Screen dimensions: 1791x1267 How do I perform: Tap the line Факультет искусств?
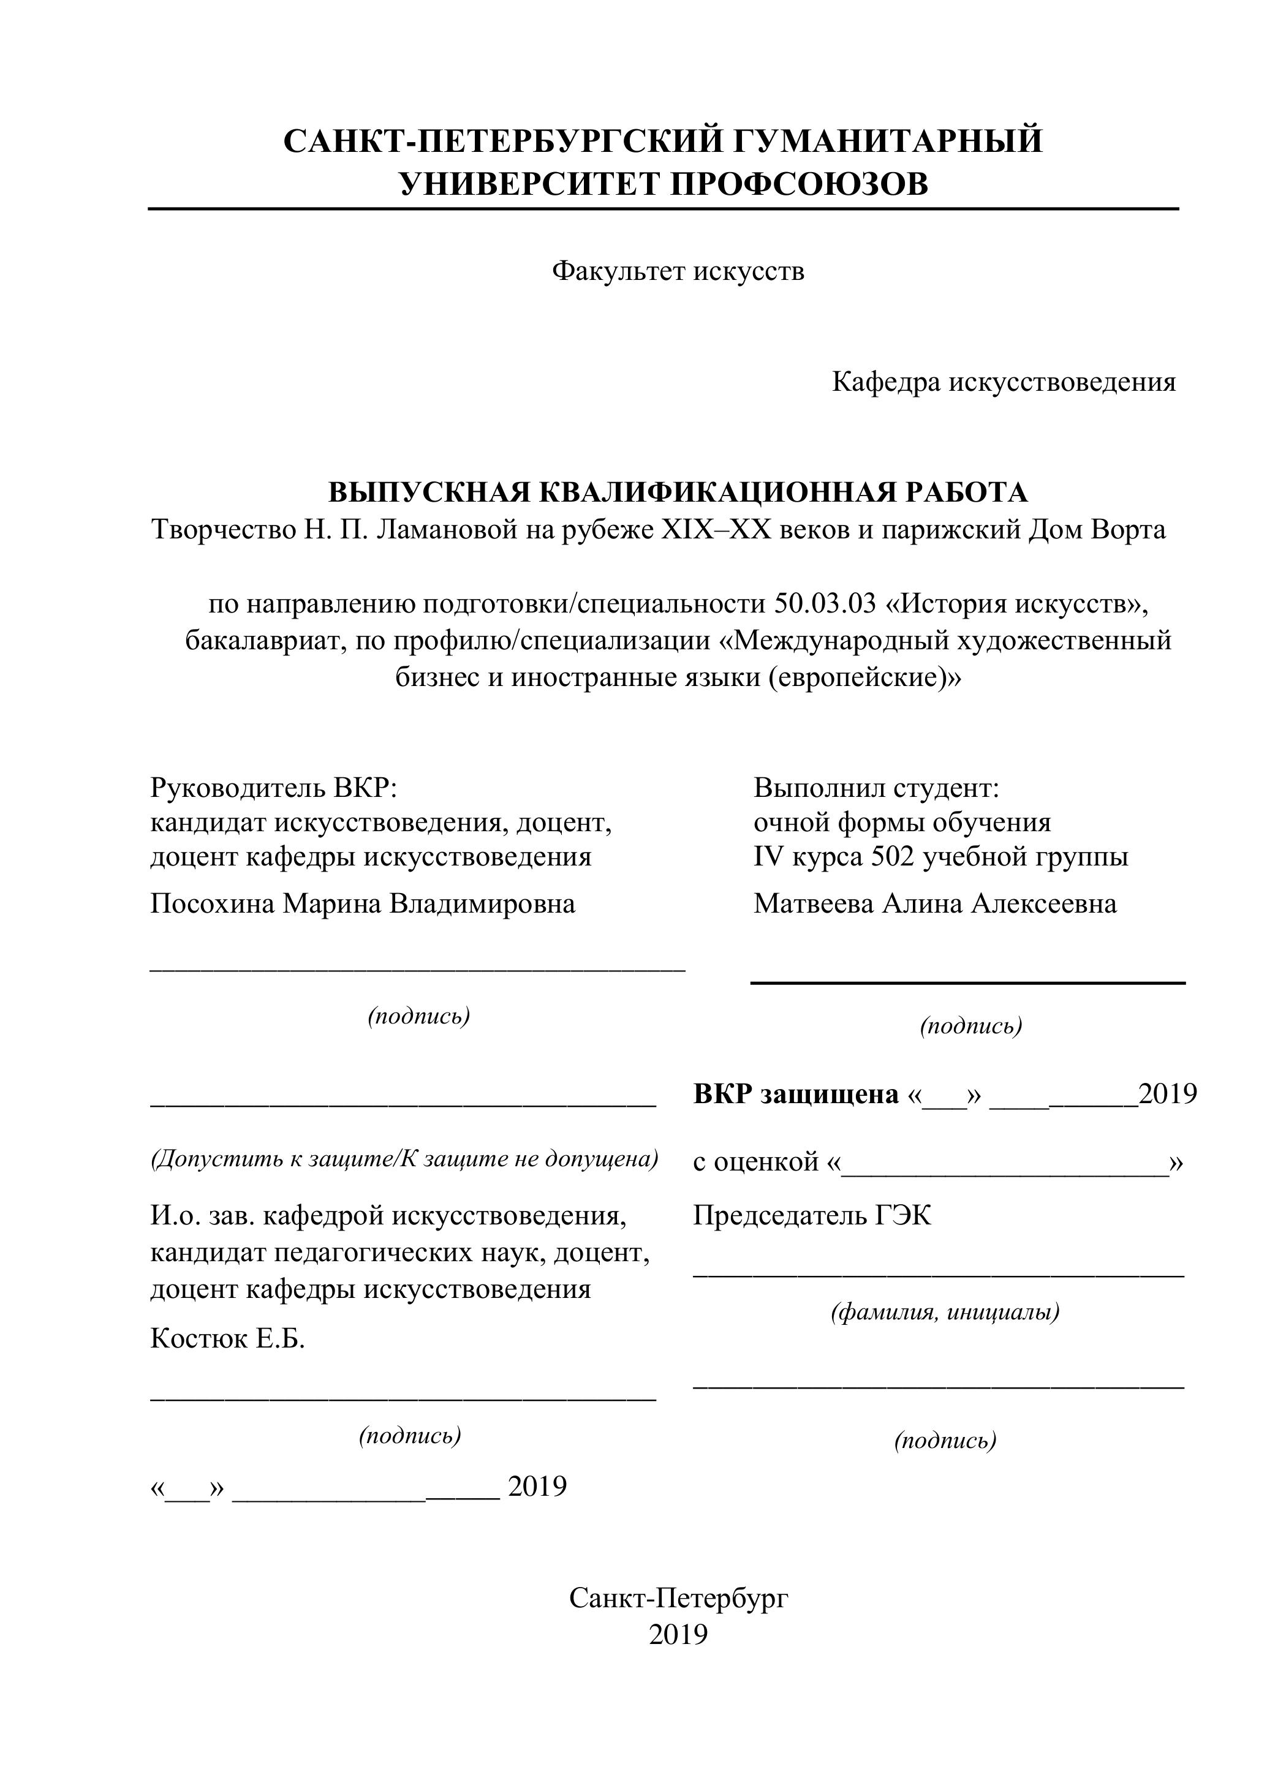pyautogui.click(x=678, y=271)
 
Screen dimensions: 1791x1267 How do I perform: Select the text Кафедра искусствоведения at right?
pyautogui.click(x=1004, y=382)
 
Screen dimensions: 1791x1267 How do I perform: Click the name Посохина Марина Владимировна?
pyautogui.click(x=363, y=903)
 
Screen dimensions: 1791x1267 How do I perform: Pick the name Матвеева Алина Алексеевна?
pyautogui.click(x=935, y=903)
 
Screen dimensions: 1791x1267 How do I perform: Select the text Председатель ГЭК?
pyautogui.click(x=811, y=1215)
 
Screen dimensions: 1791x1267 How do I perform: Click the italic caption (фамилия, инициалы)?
pyautogui.click(x=945, y=1312)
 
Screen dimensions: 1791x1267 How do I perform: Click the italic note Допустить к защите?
pyautogui.click(x=273, y=1159)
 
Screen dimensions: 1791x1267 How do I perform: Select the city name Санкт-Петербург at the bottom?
pyautogui.click(x=678, y=1597)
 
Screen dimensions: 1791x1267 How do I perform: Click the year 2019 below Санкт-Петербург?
pyautogui.click(x=678, y=1634)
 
